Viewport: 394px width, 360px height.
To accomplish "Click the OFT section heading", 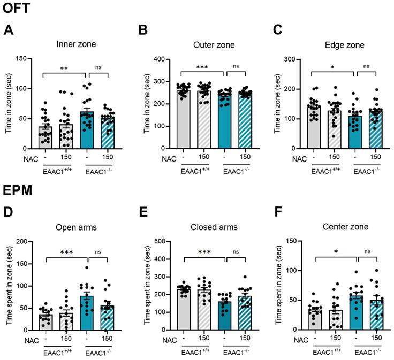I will [x=16, y=8].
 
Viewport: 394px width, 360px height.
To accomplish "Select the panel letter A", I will [x=9, y=30].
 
